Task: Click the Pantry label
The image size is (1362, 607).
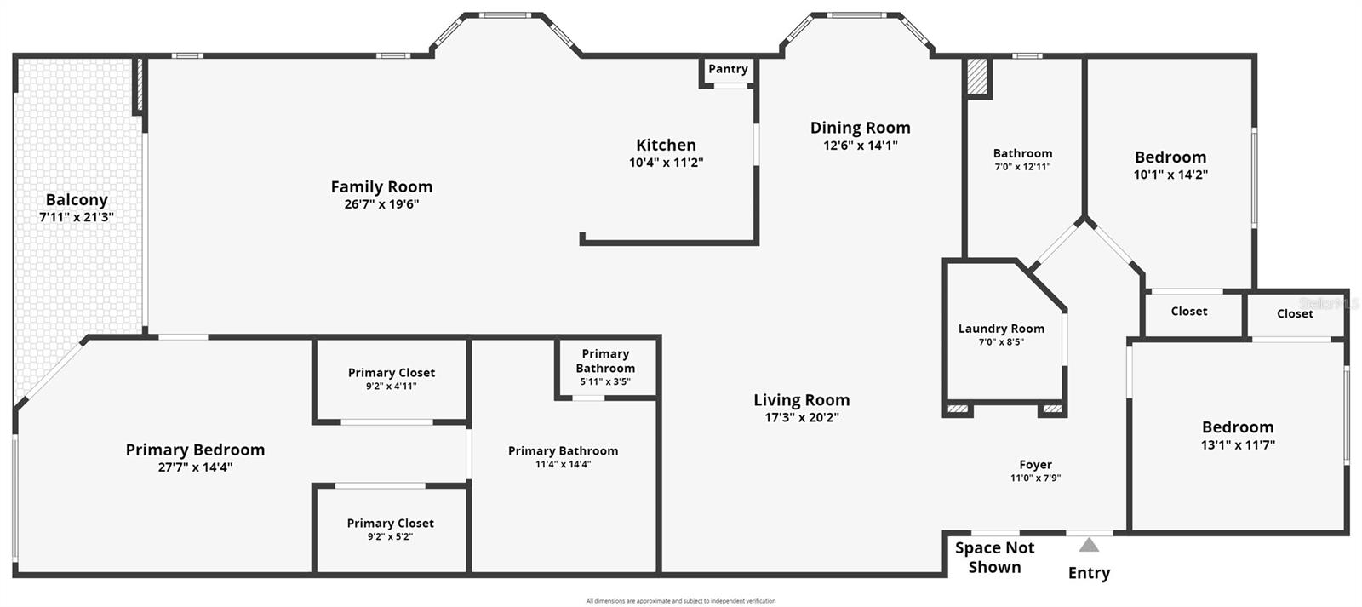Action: (728, 69)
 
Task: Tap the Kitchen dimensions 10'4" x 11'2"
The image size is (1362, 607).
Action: (666, 163)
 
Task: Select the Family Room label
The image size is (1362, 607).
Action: (381, 186)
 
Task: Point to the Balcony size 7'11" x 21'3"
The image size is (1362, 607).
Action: (77, 217)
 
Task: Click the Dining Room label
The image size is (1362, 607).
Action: (860, 128)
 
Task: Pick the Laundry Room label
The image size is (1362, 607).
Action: (1001, 329)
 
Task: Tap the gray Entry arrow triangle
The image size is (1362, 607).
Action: (1089, 545)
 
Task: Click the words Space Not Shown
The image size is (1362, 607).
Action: (994, 558)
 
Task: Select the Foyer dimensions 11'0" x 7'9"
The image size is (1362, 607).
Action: (1035, 478)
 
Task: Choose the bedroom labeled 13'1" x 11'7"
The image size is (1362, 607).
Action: (1238, 427)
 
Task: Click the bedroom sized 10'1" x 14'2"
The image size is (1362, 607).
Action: (1170, 157)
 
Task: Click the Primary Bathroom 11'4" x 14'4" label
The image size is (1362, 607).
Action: (563, 451)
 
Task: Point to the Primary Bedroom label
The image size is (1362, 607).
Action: (195, 450)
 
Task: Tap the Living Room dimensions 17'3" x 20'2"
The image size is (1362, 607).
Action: (801, 417)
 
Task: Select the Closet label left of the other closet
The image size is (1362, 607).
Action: (1188, 312)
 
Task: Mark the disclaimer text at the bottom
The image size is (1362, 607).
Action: (681, 601)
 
